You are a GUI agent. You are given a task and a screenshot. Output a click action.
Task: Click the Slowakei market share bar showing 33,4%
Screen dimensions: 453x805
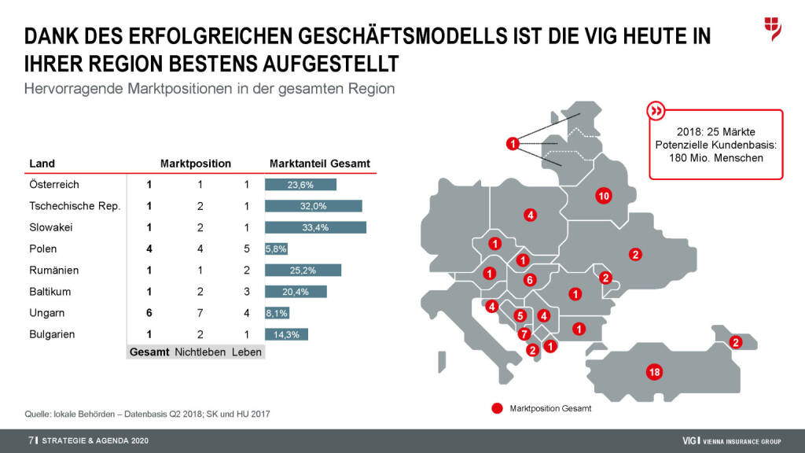(x=315, y=227)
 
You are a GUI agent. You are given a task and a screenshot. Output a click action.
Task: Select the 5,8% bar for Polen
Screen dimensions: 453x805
(x=276, y=249)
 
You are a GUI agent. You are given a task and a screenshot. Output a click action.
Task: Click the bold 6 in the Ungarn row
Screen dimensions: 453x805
(x=149, y=313)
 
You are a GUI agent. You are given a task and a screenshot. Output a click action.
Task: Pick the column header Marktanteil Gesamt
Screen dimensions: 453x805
(x=319, y=164)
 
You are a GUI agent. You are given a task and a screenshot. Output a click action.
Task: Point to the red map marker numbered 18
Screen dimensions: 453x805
(x=653, y=372)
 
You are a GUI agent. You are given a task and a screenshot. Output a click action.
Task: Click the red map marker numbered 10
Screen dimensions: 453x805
(x=604, y=196)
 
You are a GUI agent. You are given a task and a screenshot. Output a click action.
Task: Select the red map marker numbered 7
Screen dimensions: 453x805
(x=524, y=333)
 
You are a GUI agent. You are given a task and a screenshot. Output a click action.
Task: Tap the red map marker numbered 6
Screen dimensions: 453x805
(x=530, y=279)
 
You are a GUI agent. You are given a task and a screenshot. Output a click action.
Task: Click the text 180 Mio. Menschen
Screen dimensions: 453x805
(x=715, y=158)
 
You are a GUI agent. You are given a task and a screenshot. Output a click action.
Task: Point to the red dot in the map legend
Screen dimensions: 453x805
(x=496, y=409)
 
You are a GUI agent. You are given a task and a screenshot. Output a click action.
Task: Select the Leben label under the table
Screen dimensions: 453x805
(x=246, y=352)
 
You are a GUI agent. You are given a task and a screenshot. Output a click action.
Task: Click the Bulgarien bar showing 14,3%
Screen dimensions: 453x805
(x=286, y=334)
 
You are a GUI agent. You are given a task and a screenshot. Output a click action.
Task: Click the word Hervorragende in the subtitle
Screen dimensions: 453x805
(x=66, y=88)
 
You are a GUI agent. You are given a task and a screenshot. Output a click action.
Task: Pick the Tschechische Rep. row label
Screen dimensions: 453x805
(x=74, y=206)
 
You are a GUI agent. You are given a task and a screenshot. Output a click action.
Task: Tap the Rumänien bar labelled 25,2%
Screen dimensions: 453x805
(x=303, y=271)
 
